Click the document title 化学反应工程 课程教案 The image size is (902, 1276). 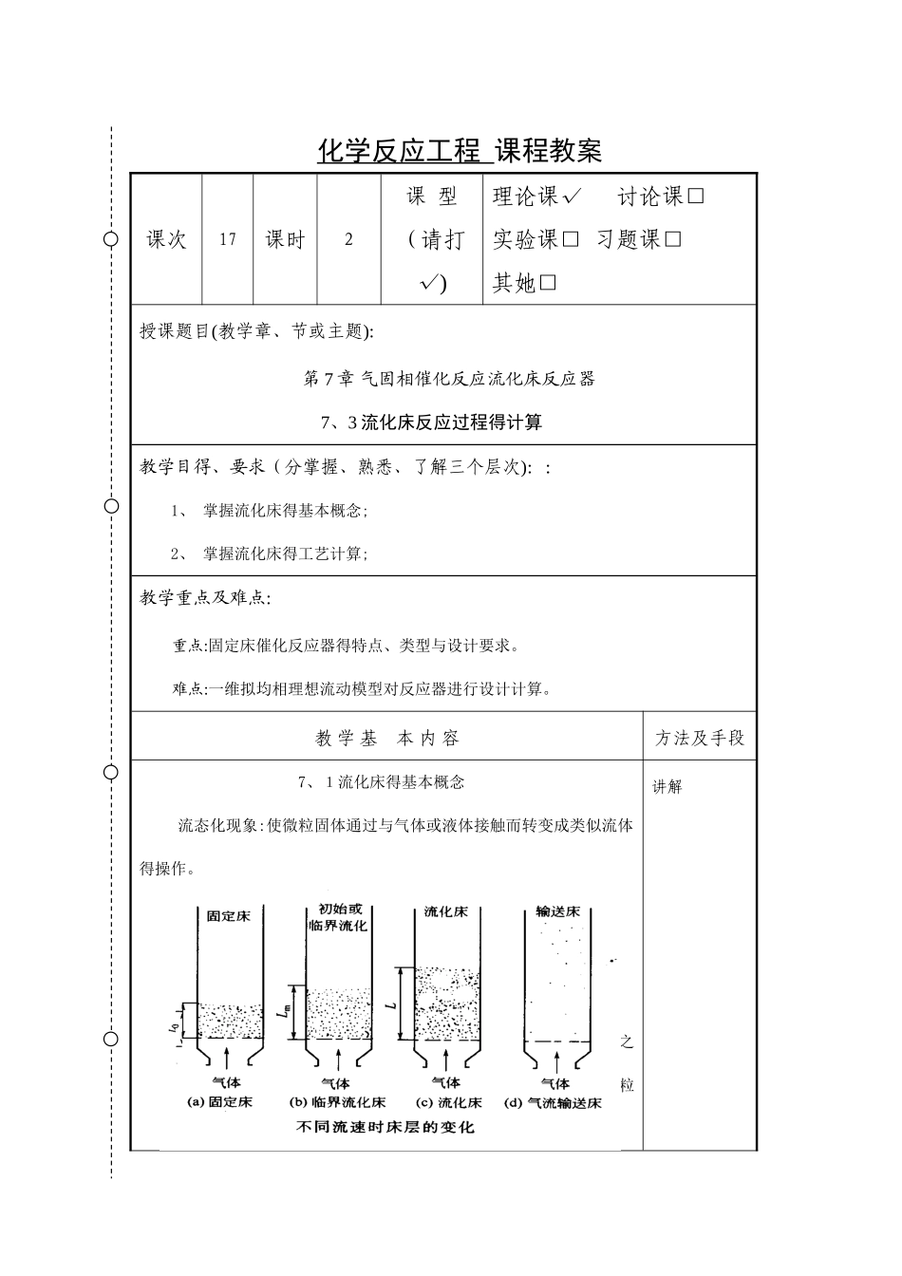pyautogui.click(x=460, y=151)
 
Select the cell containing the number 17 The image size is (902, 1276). pyautogui.click(x=228, y=239)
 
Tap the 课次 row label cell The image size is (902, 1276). pyautogui.click(x=166, y=239)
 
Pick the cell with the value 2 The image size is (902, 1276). pyautogui.click(x=348, y=239)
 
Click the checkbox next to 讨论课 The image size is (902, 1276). pyautogui.click(x=695, y=197)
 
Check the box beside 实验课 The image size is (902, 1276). pyautogui.click(x=570, y=240)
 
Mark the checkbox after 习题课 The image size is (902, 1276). pyautogui.click(x=673, y=240)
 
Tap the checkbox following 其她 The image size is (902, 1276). pyautogui.click(x=548, y=283)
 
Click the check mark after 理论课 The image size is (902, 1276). pyautogui.click(x=572, y=197)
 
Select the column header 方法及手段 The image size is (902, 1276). pyautogui.click(x=700, y=738)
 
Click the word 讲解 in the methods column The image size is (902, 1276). pyautogui.click(x=667, y=786)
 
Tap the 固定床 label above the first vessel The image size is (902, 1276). pyautogui.click(x=229, y=916)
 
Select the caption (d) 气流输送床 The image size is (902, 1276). pyautogui.click(x=553, y=1103)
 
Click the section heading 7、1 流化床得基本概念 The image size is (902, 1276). pyautogui.click(x=382, y=782)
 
